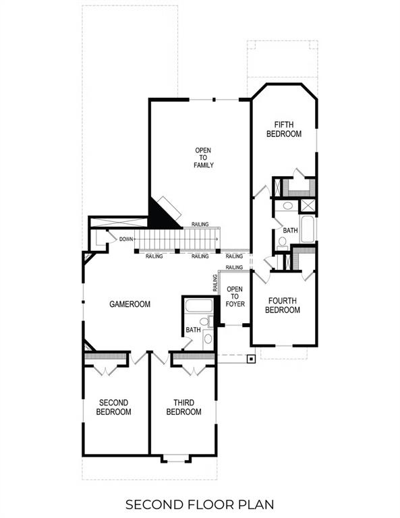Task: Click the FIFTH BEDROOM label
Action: (283, 129)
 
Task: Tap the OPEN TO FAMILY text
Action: (204, 157)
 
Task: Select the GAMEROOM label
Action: (130, 304)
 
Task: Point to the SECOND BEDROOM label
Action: (113, 407)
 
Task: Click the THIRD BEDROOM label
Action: (183, 407)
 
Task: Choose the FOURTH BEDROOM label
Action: (283, 305)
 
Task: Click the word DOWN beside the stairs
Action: (125, 239)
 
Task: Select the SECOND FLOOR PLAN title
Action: (200, 503)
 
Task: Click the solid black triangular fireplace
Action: (159, 216)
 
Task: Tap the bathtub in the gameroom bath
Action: (198, 306)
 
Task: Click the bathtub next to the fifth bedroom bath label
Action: (307, 229)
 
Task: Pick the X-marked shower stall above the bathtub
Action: (308, 206)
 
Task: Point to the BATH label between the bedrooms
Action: (290, 231)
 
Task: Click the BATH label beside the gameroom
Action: (194, 330)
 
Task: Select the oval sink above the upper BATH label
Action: (287, 206)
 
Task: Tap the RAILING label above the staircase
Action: (200, 225)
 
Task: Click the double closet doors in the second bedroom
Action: (105, 368)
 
